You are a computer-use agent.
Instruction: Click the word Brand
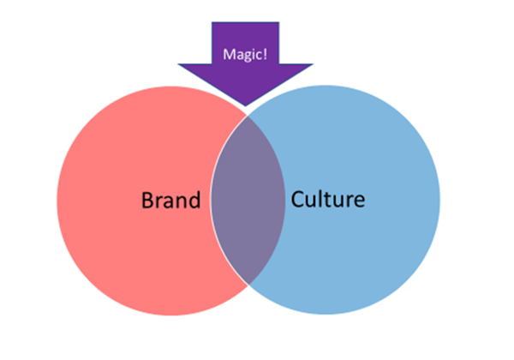(x=170, y=201)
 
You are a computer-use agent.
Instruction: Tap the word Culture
(x=328, y=201)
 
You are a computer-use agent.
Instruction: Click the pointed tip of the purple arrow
(x=245, y=107)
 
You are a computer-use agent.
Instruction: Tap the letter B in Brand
(x=146, y=201)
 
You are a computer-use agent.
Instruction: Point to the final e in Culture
(x=359, y=203)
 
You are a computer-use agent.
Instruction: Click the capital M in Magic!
(x=227, y=54)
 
